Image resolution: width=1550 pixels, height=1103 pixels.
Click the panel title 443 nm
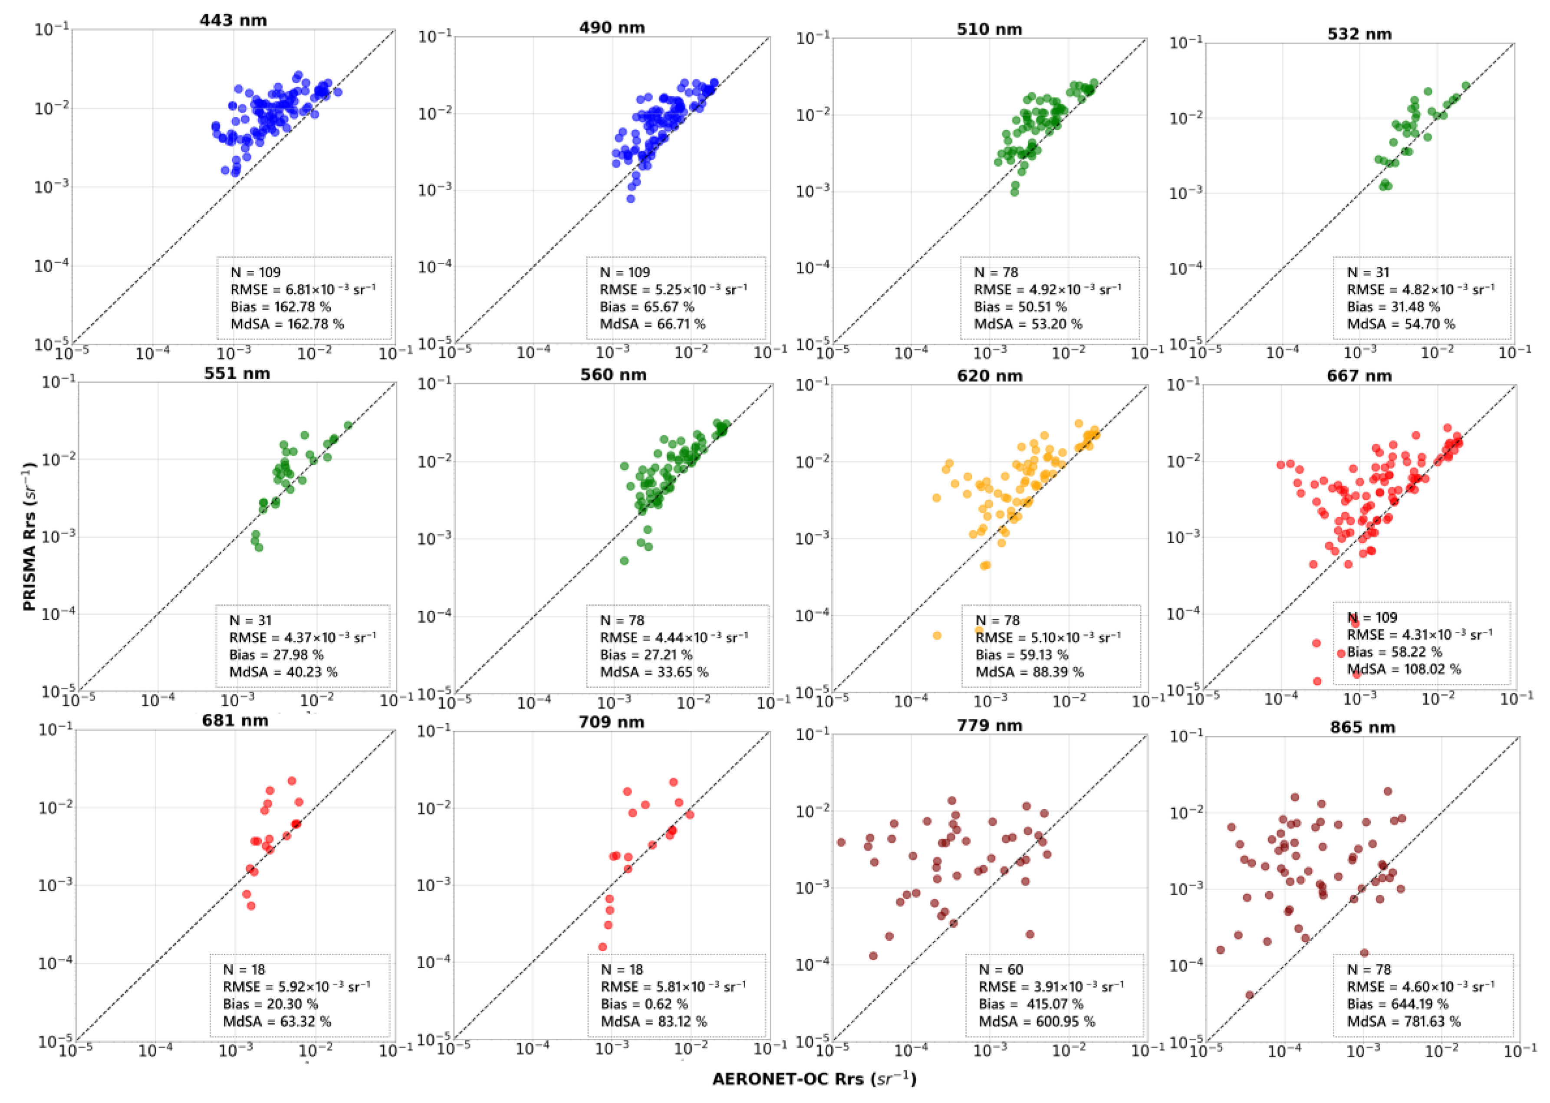pos(233,20)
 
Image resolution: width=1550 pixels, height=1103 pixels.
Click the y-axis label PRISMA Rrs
pos(29,537)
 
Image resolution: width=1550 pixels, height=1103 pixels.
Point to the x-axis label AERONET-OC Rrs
pos(814,1079)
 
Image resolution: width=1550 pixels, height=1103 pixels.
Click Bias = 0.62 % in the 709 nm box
pos(644,1004)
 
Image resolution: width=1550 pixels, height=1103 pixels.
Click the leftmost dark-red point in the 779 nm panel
pos(841,842)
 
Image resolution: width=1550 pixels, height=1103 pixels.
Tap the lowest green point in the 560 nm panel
pos(624,561)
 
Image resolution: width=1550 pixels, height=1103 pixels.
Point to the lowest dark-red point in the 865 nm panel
pos(1249,995)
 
